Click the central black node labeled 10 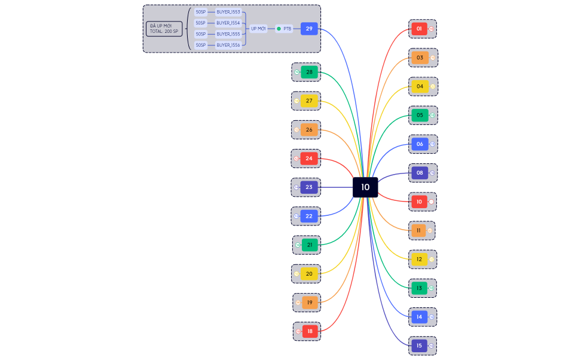click(365, 187)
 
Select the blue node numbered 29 click(309, 29)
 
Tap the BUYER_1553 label click(228, 12)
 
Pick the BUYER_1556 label click(228, 45)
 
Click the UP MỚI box click(258, 29)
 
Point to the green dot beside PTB click(279, 29)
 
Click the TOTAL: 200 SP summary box click(164, 29)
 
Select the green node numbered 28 click(309, 72)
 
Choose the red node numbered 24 click(309, 158)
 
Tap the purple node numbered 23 click(309, 187)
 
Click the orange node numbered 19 click(310, 303)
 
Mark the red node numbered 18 click(310, 331)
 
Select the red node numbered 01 click(419, 29)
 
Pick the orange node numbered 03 click(420, 57)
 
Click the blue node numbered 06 click(420, 144)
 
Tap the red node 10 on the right click(419, 202)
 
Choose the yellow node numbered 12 click(419, 260)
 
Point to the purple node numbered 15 click(419, 346)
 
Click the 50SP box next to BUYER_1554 click(200, 23)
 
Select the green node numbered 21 click(310, 245)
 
